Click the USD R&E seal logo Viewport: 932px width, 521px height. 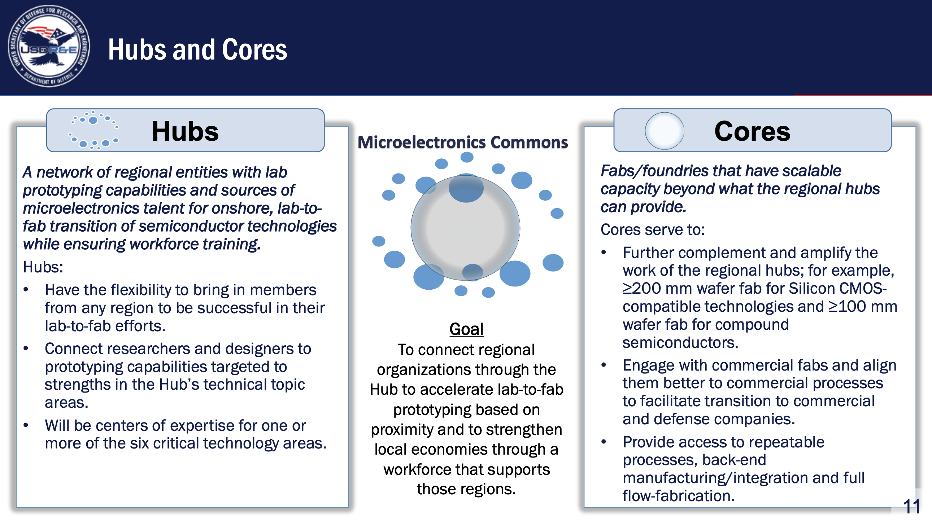coord(49,46)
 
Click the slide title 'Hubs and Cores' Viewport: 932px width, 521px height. coord(197,49)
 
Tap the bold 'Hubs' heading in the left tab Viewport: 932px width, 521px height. coord(185,131)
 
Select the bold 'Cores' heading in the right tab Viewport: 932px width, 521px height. coord(752,131)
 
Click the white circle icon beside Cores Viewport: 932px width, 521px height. coord(664,131)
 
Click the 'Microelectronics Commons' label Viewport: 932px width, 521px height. coord(463,142)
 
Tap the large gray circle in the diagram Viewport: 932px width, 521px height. coord(465,228)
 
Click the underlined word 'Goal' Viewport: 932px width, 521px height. coord(466,329)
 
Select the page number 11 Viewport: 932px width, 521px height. coord(911,507)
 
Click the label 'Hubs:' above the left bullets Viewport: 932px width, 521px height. coord(43,267)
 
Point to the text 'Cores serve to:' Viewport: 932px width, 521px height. coord(653,229)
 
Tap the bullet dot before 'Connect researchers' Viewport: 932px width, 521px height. coord(26,349)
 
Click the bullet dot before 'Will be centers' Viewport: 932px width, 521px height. coord(26,425)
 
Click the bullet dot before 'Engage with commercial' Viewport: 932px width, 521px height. coord(604,365)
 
